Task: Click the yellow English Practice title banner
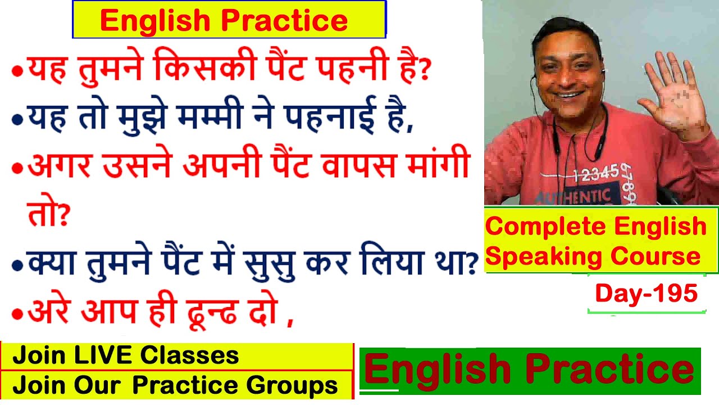[x=229, y=20]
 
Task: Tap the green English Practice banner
[x=529, y=371]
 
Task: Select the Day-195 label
[x=647, y=294]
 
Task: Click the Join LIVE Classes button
[x=177, y=356]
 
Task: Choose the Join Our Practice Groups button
[x=177, y=385]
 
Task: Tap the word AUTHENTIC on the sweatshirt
[x=573, y=197]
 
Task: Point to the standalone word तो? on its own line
[x=47, y=214]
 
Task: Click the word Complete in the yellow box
[x=545, y=227]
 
